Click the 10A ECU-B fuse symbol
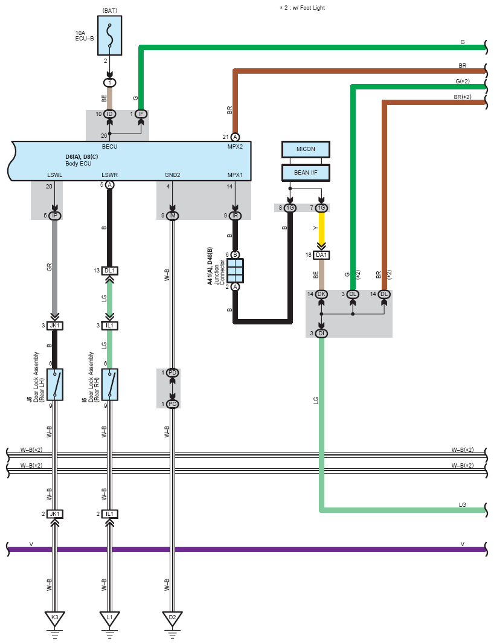(x=110, y=35)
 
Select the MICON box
(x=306, y=149)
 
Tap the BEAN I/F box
(x=306, y=173)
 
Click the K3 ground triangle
(x=54, y=618)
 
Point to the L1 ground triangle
(x=110, y=618)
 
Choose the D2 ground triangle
(x=173, y=618)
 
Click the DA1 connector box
(x=321, y=255)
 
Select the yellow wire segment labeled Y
(x=321, y=228)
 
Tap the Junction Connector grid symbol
(x=236, y=271)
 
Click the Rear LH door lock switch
(x=54, y=384)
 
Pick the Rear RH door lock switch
(x=110, y=384)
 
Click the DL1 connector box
(x=110, y=271)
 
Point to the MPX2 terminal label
(x=235, y=147)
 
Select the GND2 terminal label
(x=173, y=175)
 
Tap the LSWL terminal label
(x=54, y=175)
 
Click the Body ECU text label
(x=79, y=164)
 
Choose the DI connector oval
(x=321, y=333)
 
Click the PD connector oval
(x=173, y=373)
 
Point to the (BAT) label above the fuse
(x=110, y=10)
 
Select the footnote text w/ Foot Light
(x=309, y=8)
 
